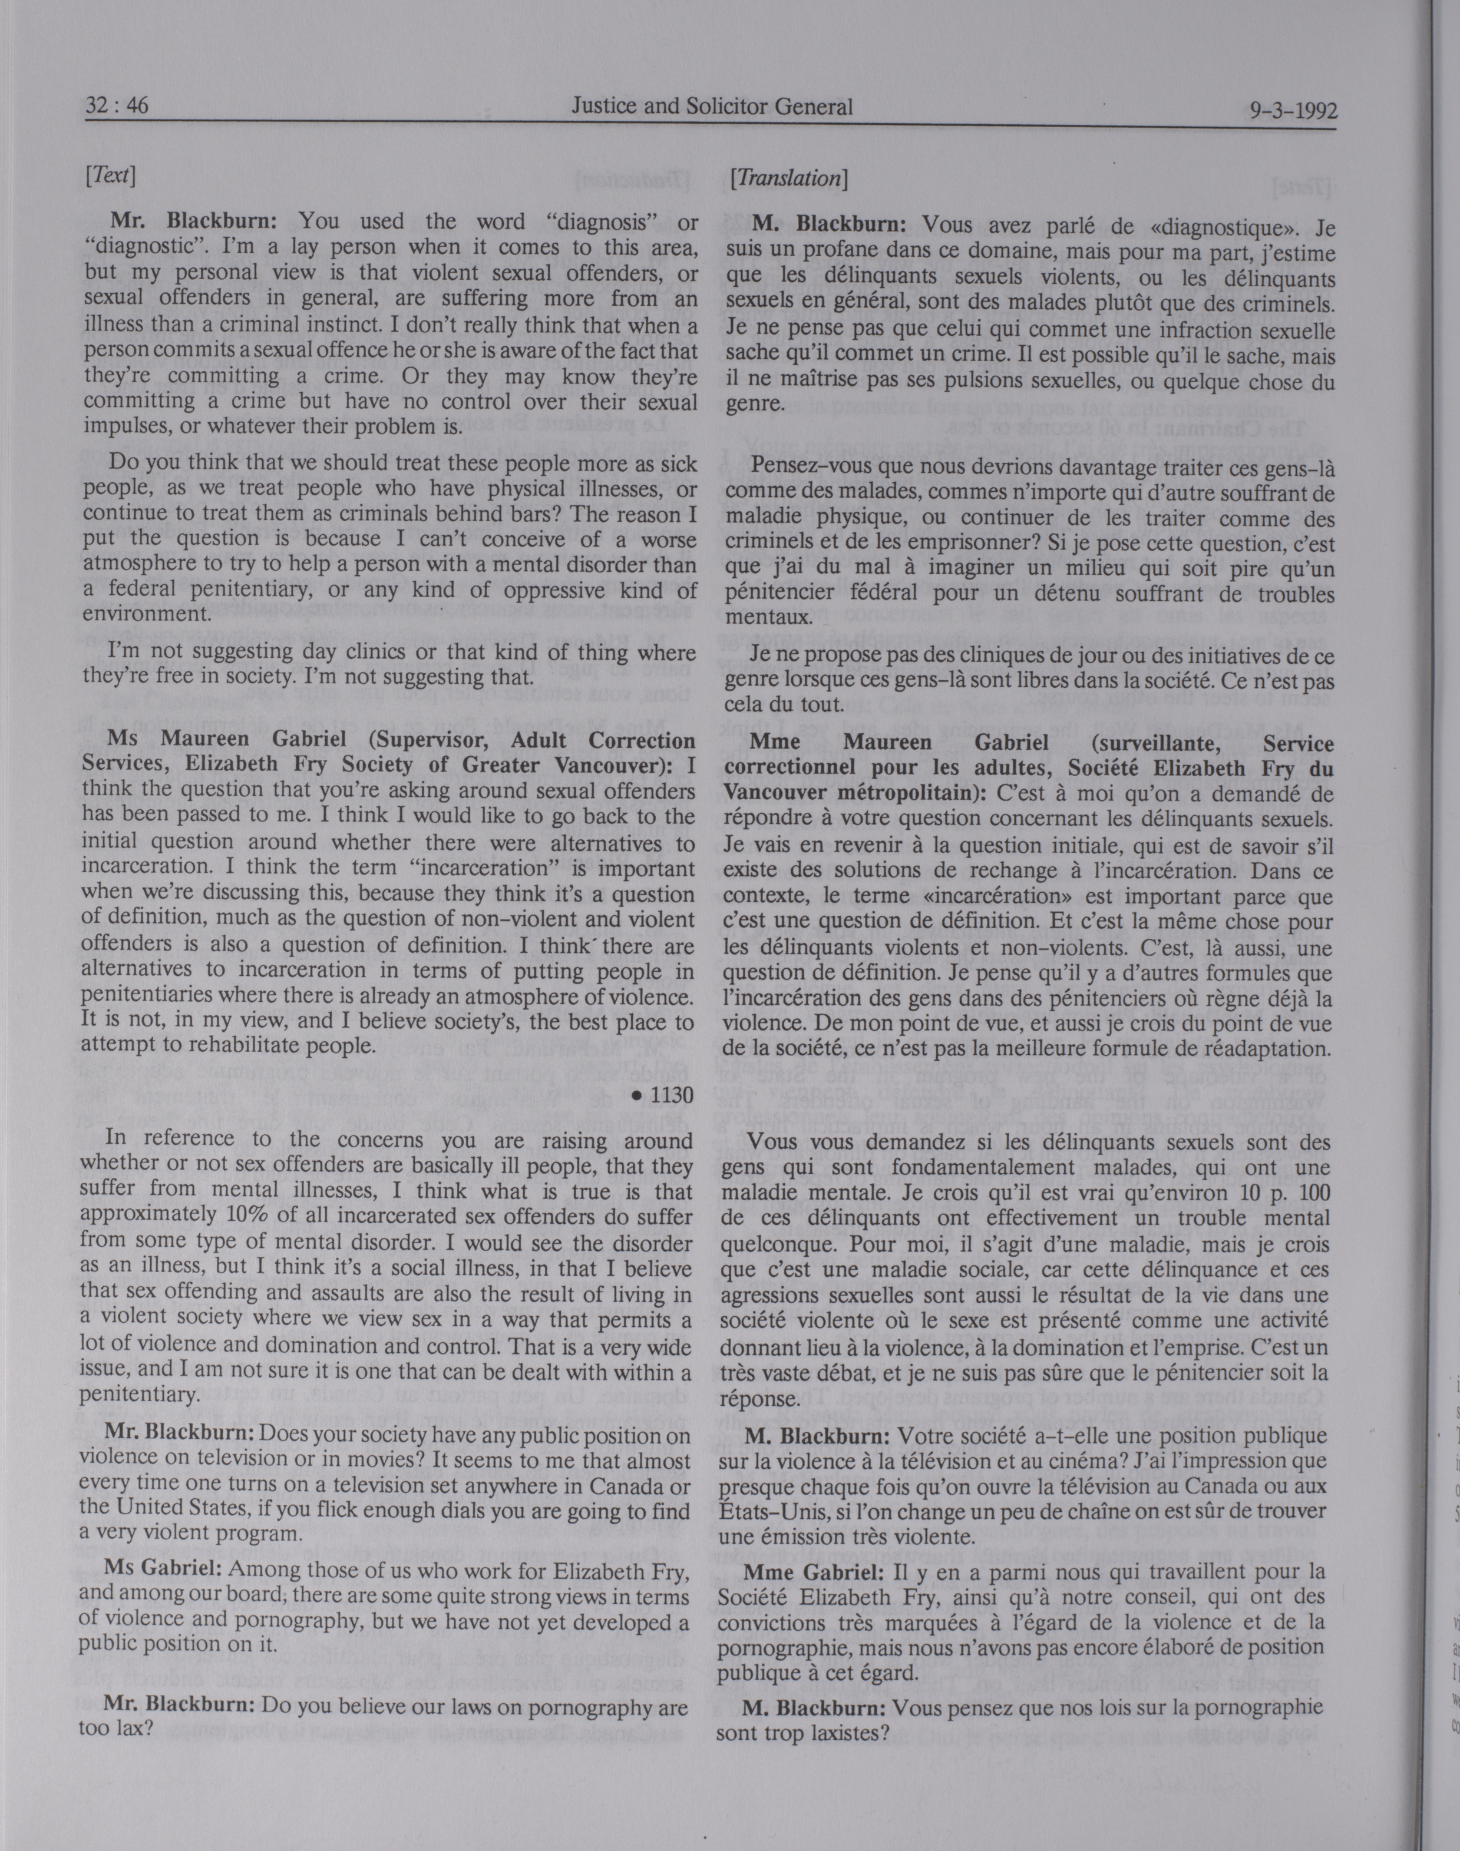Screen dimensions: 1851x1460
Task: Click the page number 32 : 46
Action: coord(117,104)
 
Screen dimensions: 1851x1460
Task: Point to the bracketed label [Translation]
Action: coord(789,178)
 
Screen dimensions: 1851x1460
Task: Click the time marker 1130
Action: coord(667,1095)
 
